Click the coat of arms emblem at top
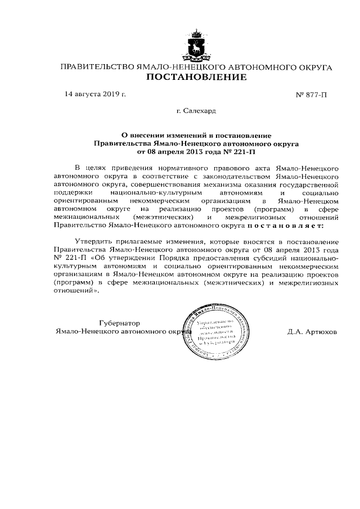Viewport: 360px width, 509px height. pyautogui.click(x=196, y=46)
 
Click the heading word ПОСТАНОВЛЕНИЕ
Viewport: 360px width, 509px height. pyautogui.click(x=196, y=78)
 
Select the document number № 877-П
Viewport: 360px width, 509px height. pyautogui.click(x=311, y=95)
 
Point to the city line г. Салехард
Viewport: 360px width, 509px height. pyautogui.click(x=196, y=111)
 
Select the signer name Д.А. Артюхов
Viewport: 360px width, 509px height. pyautogui.click(x=312, y=332)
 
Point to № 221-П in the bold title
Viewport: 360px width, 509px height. pyautogui.click(x=244, y=152)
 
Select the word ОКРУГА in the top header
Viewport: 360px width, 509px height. pyautogui.click(x=313, y=67)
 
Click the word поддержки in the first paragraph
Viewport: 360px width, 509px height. pyautogui.click(x=72, y=192)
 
